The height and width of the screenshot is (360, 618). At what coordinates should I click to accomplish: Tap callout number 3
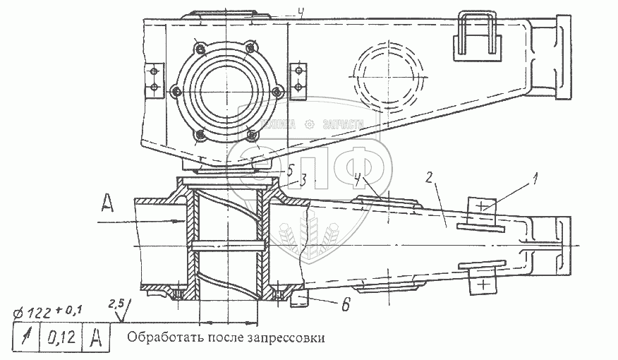(302, 181)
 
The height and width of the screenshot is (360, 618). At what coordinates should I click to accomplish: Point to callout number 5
(291, 169)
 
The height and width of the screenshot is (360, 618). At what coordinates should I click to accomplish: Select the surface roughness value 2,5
(116, 304)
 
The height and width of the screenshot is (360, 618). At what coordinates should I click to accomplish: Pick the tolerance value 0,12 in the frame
(61, 337)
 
